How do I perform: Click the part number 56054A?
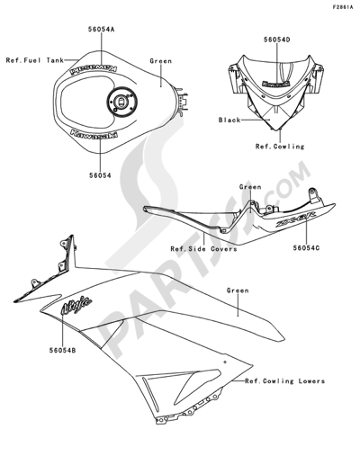click(101, 30)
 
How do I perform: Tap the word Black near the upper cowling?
click(229, 119)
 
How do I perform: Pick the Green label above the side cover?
click(249, 187)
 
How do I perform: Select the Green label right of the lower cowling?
click(238, 291)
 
